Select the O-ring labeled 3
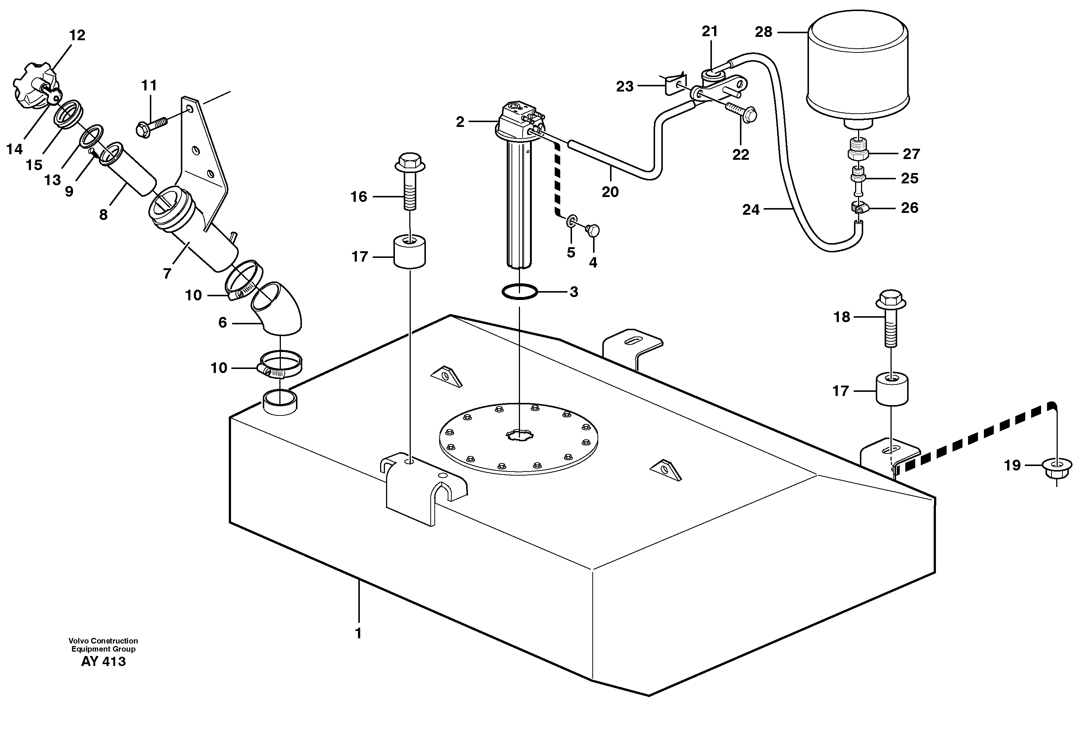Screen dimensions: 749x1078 tap(519, 292)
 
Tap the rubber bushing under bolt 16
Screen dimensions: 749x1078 tap(409, 252)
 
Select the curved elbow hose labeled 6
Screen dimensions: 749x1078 tap(277, 310)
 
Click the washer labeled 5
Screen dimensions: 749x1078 tap(571, 221)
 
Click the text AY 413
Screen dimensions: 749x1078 tap(103, 661)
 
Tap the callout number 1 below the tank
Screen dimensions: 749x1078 tap(358, 633)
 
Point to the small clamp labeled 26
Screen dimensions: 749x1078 tap(858, 207)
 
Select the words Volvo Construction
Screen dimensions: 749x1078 tap(103, 641)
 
